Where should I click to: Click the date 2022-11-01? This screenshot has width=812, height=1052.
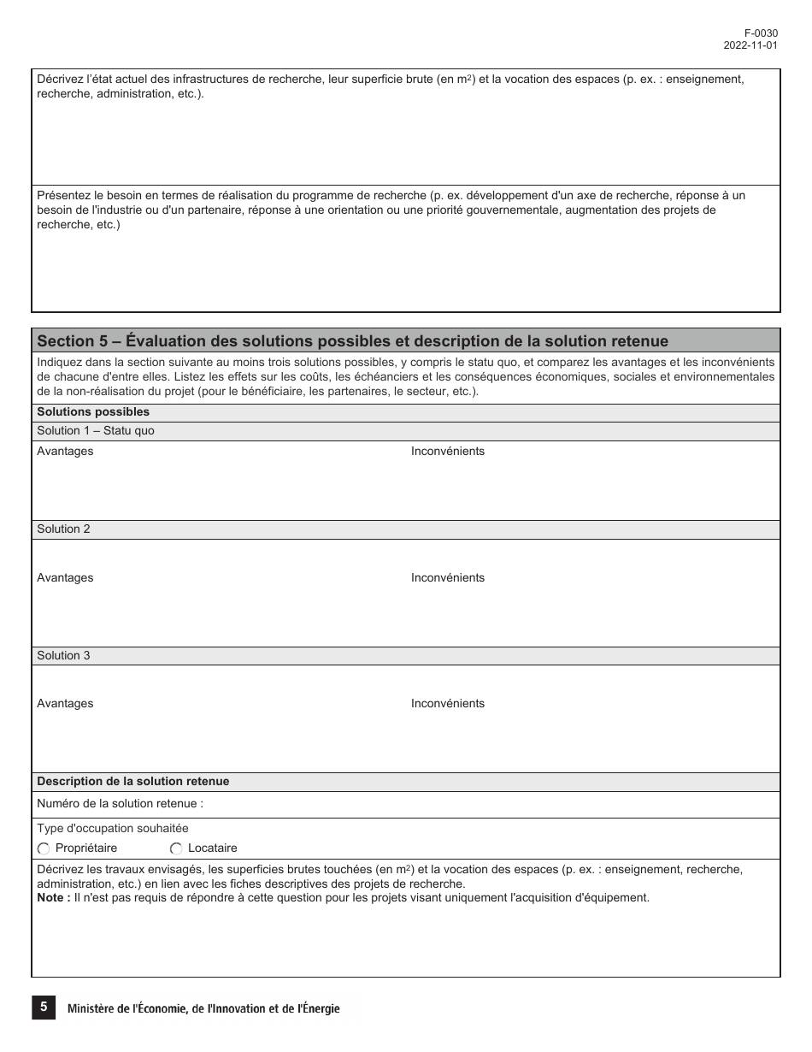(750, 46)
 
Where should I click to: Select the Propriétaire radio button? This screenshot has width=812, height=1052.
(44, 848)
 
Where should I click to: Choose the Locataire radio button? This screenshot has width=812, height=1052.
(176, 848)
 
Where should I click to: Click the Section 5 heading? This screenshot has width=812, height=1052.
(352, 341)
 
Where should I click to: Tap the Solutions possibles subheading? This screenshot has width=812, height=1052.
(93, 411)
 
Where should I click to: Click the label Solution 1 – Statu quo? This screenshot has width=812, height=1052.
(96, 431)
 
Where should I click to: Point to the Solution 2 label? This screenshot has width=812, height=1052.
(63, 529)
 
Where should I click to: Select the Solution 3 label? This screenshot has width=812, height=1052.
(63, 656)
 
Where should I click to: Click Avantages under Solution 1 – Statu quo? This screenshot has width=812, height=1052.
(65, 452)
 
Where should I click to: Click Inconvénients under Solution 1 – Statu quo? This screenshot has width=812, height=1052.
(447, 452)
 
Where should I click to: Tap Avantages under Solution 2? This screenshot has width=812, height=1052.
(65, 578)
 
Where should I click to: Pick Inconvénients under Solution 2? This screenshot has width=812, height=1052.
(447, 578)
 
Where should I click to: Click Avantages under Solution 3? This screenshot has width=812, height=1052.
(65, 704)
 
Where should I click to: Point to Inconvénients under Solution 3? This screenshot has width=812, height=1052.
(447, 704)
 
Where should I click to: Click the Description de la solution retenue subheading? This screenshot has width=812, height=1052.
(132, 782)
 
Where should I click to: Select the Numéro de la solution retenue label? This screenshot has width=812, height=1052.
(120, 804)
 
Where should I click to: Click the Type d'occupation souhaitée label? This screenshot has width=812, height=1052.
(113, 829)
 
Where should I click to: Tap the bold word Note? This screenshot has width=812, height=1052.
(50, 898)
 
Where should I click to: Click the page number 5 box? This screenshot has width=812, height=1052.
(44, 1008)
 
